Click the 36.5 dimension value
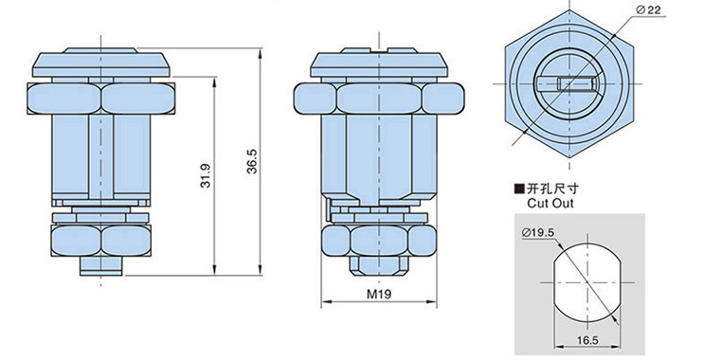(x=253, y=161)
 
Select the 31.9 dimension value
(x=206, y=175)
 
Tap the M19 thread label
(x=379, y=294)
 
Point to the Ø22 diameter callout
(x=649, y=9)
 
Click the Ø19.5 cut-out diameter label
(x=538, y=232)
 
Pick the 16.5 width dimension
(x=587, y=340)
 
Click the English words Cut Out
(x=551, y=203)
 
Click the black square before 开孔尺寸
(x=519, y=189)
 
